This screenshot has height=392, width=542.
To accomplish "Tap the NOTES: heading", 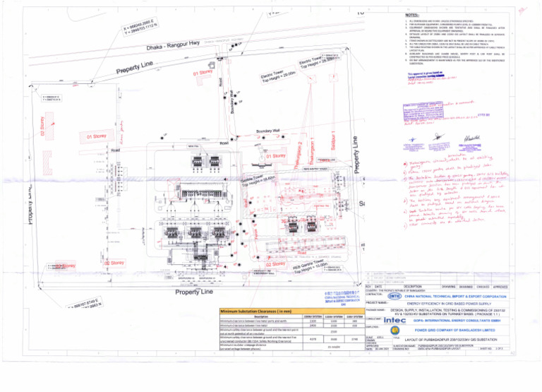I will click(413, 15).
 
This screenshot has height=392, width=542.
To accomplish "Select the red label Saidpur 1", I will click(333, 140).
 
